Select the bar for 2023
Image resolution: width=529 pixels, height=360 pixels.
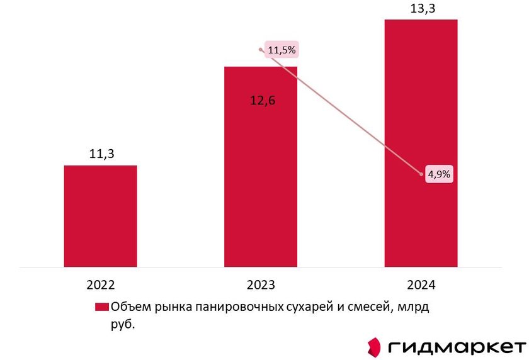tap(261, 189)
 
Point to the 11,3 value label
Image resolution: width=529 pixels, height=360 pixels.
tap(101, 153)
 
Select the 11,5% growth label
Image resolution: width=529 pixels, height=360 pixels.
tap(282, 50)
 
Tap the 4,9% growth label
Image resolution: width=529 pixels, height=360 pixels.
tap(438, 174)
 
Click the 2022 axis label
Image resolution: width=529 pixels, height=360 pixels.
tap(101, 285)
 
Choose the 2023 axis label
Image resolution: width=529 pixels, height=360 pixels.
tap(261, 285)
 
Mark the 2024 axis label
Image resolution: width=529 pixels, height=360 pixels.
tap(421, 285)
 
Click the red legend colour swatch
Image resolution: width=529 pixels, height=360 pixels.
tap(102, 307)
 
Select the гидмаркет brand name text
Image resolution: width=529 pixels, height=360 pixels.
tap(457, 347)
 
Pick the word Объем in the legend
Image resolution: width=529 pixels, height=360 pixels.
tap(128, 307)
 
